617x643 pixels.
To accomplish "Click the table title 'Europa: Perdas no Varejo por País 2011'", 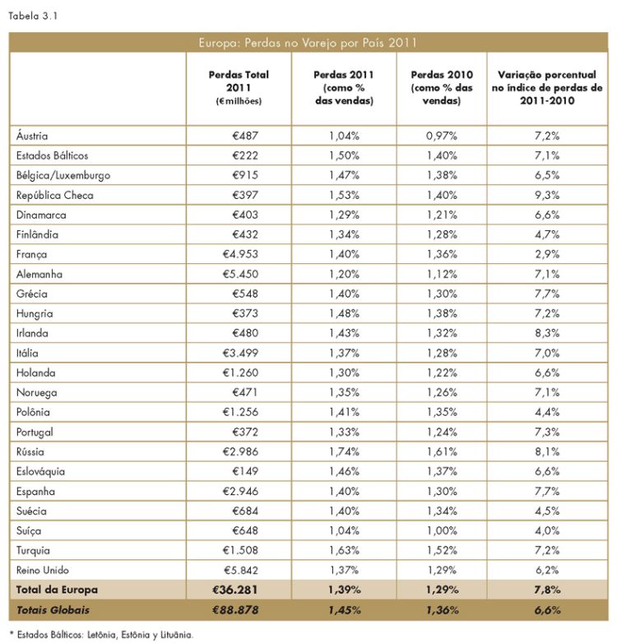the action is [308, 43].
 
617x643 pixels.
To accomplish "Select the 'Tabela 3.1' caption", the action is [33, 16].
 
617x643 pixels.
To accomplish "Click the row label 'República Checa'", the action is [55, 195].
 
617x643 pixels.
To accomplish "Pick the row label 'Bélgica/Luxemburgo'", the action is [63, 175].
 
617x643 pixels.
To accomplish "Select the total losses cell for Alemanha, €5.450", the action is [240, 274].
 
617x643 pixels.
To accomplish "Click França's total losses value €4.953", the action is [240, 254].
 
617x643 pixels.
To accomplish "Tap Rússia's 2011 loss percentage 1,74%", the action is [344, 452].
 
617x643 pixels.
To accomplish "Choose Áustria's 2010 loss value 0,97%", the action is [442, 136].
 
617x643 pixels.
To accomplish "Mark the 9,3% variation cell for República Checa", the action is [547, 195].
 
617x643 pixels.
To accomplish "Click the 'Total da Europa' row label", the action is [57, 590].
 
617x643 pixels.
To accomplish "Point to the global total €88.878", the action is [235, 610].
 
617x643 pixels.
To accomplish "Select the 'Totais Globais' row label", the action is [53, 610].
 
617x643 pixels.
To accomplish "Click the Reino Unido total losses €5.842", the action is [241, 570].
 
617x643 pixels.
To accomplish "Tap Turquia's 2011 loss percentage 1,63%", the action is [344, 550].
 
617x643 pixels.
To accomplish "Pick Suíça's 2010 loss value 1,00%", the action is [442, 530].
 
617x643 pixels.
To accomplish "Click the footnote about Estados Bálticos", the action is [101, 635].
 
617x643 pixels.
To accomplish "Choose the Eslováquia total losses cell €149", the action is [245, 472].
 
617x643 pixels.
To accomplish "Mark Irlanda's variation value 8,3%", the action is [547, 333].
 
